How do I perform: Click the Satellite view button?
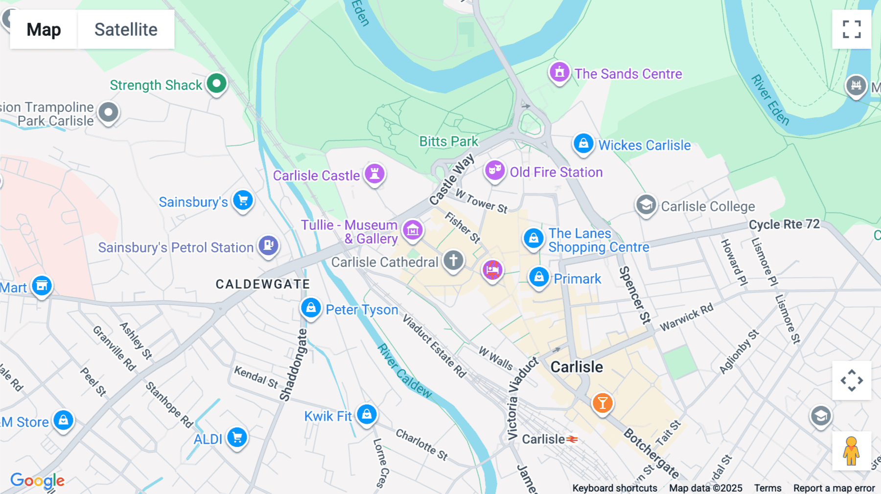tap(126, 29)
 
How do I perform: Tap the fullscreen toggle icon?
tap(852, 29)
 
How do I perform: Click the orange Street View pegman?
tap(851, 450)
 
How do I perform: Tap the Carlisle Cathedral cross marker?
tap(453, 260)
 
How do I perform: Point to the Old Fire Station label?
tap(556, 172)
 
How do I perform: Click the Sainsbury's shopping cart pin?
tap(243, 201)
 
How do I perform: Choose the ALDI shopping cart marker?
tap(237, 438)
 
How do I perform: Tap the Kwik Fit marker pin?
tap(367, 415)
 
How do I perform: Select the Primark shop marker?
tap(539, 277)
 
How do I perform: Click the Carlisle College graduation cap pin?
tap(646, 205)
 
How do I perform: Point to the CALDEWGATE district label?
tap(263, 284)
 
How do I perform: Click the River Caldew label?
tap(405, 371)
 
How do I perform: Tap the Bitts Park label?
tap(448, 141)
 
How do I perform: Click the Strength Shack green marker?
tap(216, 84)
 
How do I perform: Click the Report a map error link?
tap(834, 488)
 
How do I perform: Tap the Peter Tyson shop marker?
tap(311, 308)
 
